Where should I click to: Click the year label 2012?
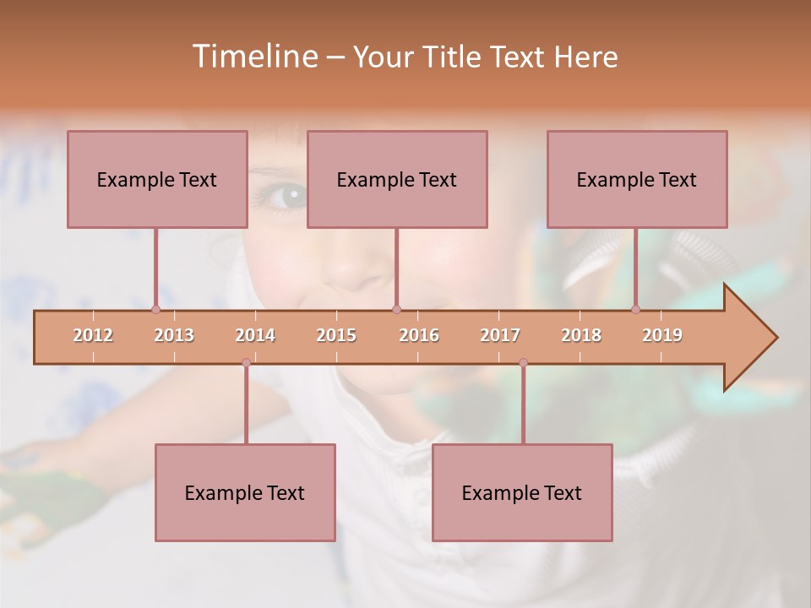(93, 335)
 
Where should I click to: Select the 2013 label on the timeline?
(174, 335)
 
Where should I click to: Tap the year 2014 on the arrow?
(255, 335)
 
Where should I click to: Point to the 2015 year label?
(336, 335)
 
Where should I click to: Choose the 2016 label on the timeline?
(419, 335)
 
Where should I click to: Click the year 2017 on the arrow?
(500, 335)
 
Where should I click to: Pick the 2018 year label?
(581, 335)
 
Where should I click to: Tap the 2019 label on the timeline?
(662, 335)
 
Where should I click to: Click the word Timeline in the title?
(253, 57)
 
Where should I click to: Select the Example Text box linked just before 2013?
(157, 179)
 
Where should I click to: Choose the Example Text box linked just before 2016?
(397, 179)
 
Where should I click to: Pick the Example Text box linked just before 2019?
(637, 179)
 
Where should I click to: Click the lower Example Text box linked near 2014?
(245, 492)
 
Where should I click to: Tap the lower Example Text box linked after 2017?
(522, 492)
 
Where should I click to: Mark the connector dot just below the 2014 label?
(246, 362)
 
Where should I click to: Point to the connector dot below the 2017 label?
(523, 362)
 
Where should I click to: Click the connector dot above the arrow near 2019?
(636, 309)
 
